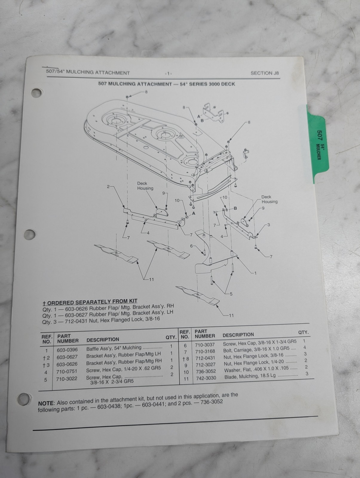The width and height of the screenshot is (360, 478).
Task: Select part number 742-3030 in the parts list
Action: tap(206, 378)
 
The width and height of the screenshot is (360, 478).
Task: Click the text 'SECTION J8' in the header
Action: tap(265, 73)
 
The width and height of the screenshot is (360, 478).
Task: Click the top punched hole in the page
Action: tap(36, 93)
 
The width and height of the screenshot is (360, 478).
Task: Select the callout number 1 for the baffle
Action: tap(255, 273)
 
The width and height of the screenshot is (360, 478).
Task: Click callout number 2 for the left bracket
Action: tap(108, 187)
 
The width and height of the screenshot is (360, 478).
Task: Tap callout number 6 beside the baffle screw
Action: tap(192, 246)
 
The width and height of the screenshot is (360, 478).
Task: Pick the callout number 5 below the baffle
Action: tap(231, 294)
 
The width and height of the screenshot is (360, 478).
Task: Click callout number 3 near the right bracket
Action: tap(269, 225)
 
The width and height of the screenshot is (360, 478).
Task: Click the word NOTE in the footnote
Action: tap(46, 403)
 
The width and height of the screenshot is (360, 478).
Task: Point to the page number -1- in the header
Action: tap(168, 73)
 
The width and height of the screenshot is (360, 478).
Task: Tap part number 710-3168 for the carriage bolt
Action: tap(205, 351)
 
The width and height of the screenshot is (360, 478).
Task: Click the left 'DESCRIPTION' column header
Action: tap(103, 339)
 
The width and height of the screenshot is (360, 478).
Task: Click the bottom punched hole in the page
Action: tap(24, 399)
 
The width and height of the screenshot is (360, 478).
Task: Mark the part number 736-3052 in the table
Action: tap(206, 371)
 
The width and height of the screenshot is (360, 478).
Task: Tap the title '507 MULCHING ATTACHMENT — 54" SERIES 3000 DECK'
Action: tap(167, 84)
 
